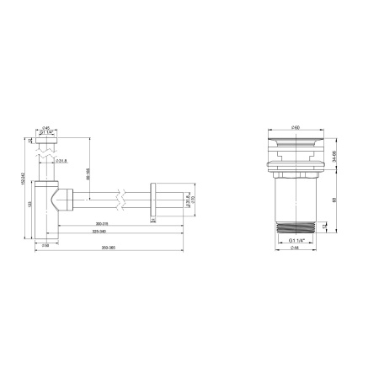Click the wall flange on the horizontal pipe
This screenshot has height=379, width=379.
tap(153, 200)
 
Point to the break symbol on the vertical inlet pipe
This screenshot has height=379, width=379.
tap(45, 157)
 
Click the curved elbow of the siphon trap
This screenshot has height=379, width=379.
tap(59, 200)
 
